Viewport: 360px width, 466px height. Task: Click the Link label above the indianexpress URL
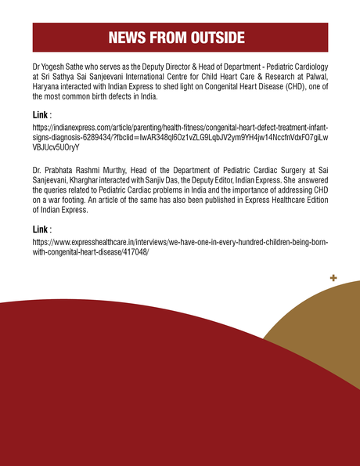coord(40,114)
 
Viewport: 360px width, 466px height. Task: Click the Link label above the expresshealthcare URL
coord(40,229)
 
